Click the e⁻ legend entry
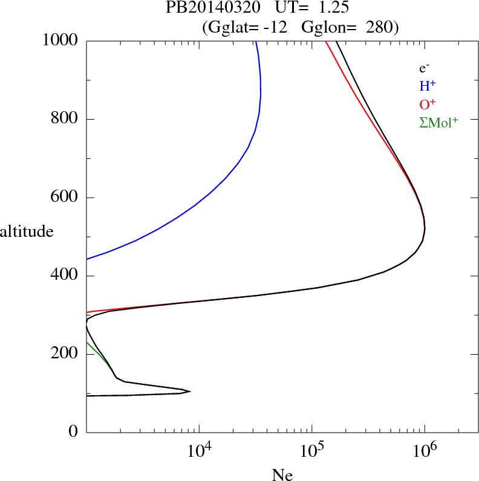(424, 68)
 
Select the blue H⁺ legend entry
(428, 86)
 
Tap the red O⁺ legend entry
(428, 104)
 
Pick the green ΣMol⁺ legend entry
(438, 123)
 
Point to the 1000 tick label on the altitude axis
(60, 40)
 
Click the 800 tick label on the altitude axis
(65, 119)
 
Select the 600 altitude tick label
(65, 198)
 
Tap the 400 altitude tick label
(65, 276)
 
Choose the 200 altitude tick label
(65, 354)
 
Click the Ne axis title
(282, 474)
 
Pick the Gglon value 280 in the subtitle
(380, 27)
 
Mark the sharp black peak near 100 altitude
(190, 392)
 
